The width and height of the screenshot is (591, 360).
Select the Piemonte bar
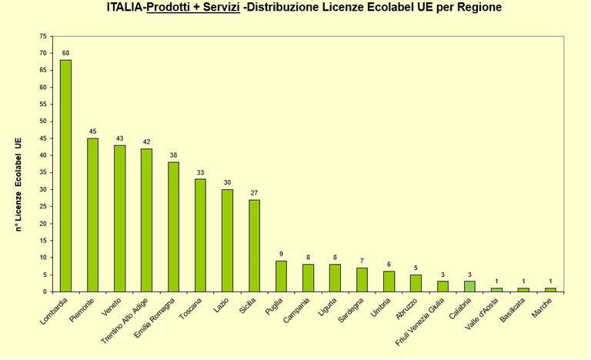tap(92, 215)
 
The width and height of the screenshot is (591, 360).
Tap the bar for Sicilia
tap(254, 245)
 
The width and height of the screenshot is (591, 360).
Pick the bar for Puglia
tap(281, 276)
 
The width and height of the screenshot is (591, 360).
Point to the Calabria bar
tap(469, 286)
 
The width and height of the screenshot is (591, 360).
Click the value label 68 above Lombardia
tap(65, 53)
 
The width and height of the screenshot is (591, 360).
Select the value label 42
tap(146, 142)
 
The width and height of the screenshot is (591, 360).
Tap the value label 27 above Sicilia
tap(254, 193)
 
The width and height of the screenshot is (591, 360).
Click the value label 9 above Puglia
tap(281, 255)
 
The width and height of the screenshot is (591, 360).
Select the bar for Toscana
tap(200, 235)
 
